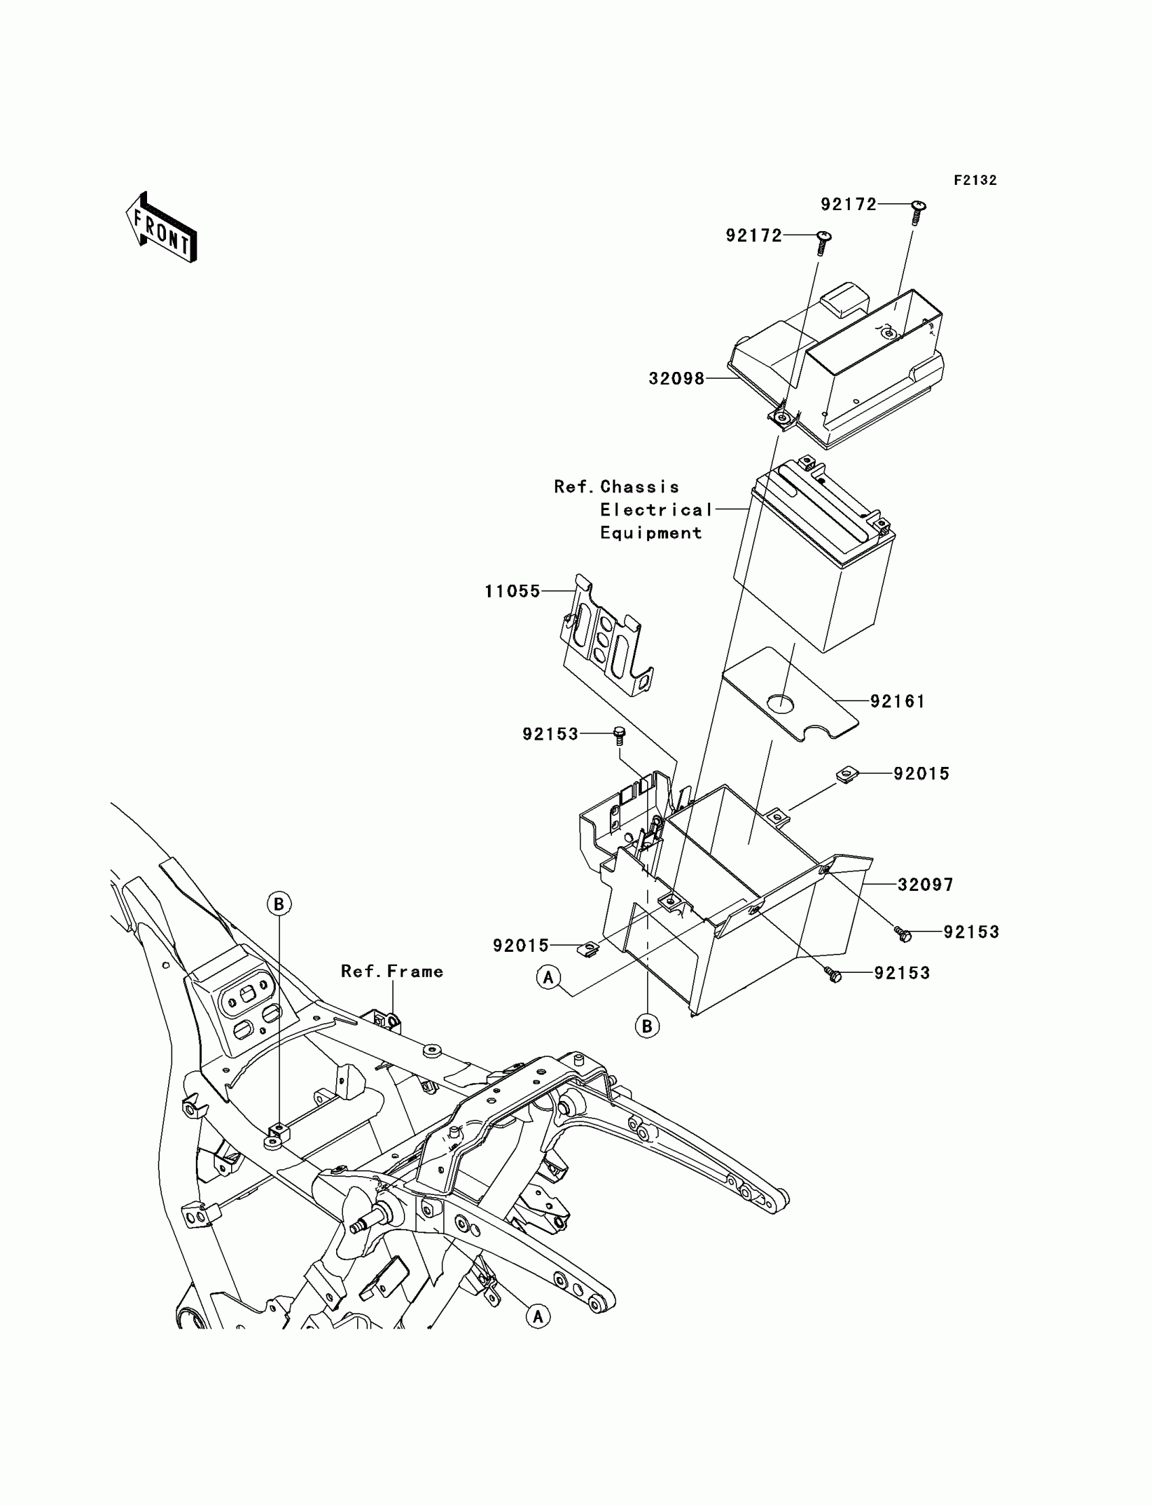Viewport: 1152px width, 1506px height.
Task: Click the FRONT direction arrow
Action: pyautogui.click(x=162, y=228)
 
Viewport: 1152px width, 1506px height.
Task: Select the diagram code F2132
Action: pyautogui.click(x=974, y=180)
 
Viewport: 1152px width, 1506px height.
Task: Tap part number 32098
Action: pyautogui.click(x=676, y=379)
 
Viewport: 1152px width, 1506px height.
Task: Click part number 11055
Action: pyautogui.click(x=512, y=591)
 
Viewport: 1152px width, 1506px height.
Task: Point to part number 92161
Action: pyautogui.click(x=897, y=701)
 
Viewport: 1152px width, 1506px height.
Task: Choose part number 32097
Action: pyautogui.click(x=925, y=885)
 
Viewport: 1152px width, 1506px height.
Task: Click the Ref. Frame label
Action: pyautogui.click(x=392, y=971)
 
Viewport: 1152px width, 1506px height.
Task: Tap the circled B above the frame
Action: pyautogui.click(x=279, y=904)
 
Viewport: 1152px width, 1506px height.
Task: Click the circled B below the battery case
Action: pyautogui.click(x=647, y=1026)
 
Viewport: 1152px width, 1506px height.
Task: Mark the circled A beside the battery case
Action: pyautogui.click(x=548, y=978)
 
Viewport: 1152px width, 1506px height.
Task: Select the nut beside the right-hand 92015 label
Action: pyautogui.click(x=848, y=775)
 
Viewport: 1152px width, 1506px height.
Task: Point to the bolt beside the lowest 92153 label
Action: pyautogui.click(x=834, y=974)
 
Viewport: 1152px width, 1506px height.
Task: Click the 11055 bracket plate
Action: pyautogui.click(x=603, y=637)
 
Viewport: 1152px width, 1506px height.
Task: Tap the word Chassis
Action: pyautogui.click(x=639, y=486)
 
